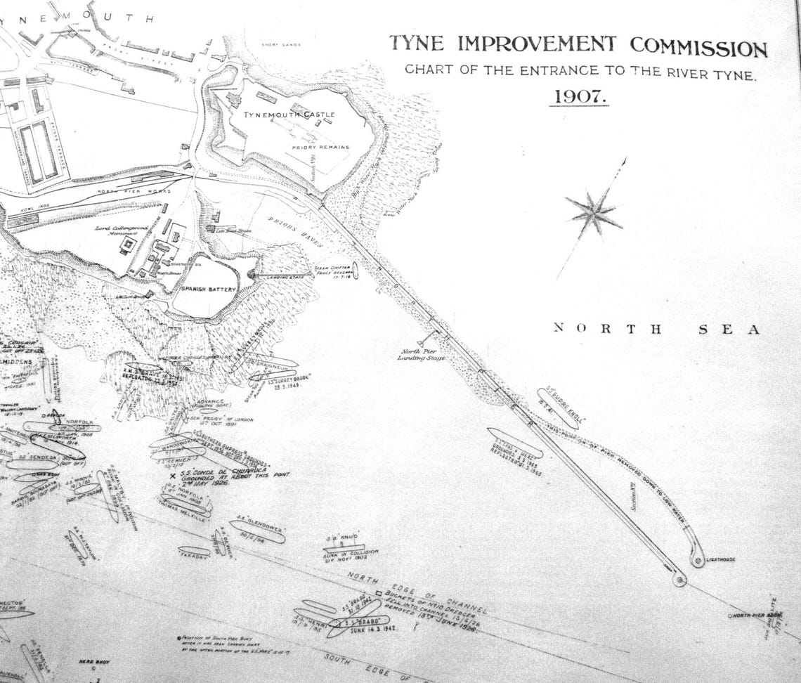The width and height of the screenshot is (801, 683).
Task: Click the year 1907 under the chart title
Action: pyautogui.click(x=578, y=96)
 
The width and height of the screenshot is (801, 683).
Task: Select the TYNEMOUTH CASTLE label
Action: pyautogui.click(x=289, y=114)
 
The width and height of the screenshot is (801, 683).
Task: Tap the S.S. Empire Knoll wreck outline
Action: pyautogui.click(x=557, y=408)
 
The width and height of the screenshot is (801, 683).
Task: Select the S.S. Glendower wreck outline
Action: pyautogui.click(x=256, y=531)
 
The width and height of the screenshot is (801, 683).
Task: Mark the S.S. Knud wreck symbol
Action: pyautogui.click(x=344, y=546)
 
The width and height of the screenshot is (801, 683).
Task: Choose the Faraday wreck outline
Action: pyautogui.click(x=194, y=552)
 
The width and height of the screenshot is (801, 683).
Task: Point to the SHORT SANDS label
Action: pyautogui.click(x=280, y=45)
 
